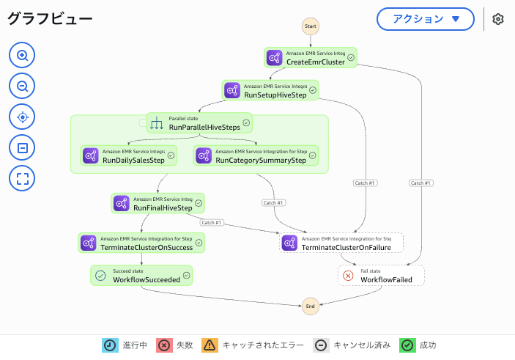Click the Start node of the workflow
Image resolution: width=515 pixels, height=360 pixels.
pyautogui.click(x=311, y=26)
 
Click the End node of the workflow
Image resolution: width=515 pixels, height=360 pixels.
pyautogui.click(x=311, y=306)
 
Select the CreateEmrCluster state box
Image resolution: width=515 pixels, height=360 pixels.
pyautogui.click(x=311, y=57)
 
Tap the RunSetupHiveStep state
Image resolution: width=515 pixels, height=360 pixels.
pyautogui.click(x=270, y=90)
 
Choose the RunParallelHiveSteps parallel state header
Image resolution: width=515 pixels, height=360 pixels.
pyautogui.click(x=199, y=123)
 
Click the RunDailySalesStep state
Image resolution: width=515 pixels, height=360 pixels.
pyautogui.click(x=128, y=155)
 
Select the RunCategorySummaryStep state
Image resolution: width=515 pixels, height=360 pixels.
pyautogui.click(x=256, y=155)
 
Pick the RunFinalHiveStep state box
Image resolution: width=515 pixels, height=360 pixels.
pyautogui.click(x=158, y=203)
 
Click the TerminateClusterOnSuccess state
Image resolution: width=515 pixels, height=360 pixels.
pyautogui.click(x=141, y=243)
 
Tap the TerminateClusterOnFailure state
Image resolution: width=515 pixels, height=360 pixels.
pyautogui.click(x=341, y=243)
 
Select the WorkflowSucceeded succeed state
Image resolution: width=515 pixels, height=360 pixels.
pyautogui.click(x=141, y=275)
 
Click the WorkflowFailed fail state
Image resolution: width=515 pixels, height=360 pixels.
pyautogui.click(x=381, y=275)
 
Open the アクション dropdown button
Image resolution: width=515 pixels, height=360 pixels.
pyautogui.click(x=426, y=19)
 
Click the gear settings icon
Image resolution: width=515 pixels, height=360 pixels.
pyautogui.click(x=498, y=19)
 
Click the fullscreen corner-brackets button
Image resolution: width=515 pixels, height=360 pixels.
pyautogui.click(x=22, y=178)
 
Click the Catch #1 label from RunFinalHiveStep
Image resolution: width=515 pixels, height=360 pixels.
pyautogui.click(x=212, y=223)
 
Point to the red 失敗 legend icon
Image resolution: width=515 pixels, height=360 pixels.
pyautogui.click(x=164, y=345)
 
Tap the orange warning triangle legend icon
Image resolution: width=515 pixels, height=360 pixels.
pyautogui.click(x=210, y=345)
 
